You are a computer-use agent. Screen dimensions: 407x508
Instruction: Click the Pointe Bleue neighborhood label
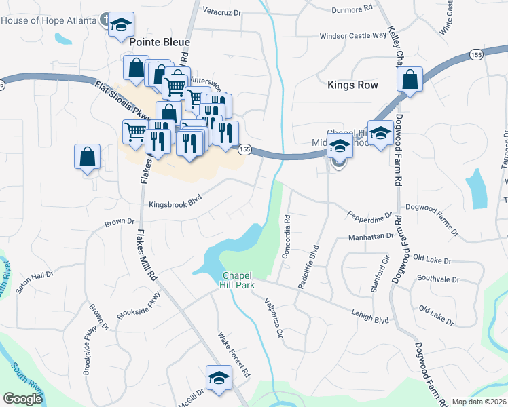pyautogui.click(x=159, y=42)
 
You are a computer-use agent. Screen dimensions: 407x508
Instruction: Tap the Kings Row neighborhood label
pyautogui.click(x=352, y=85)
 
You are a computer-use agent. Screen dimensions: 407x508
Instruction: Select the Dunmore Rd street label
pyautogui.click(x=352, y=9)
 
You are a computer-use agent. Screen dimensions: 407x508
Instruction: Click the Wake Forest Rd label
pyautogui.click(x=234, y=355)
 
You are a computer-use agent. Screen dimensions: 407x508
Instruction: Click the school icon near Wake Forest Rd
pyautogui.click(x=219, y=378)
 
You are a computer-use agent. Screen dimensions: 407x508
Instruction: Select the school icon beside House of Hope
pyautogui.click(x=122, y=25)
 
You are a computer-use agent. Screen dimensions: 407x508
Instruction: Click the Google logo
pyautogui.click(x=22, y=399)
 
